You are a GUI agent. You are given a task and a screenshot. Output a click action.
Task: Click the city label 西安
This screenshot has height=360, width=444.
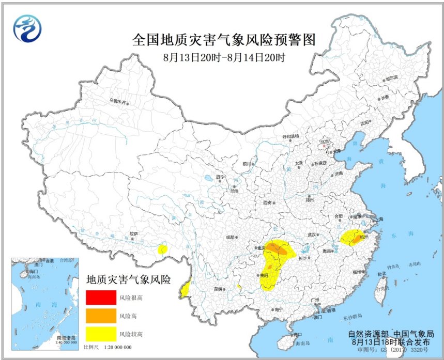267,202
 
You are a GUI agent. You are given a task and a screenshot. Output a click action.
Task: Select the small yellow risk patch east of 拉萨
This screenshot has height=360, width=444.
162,249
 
